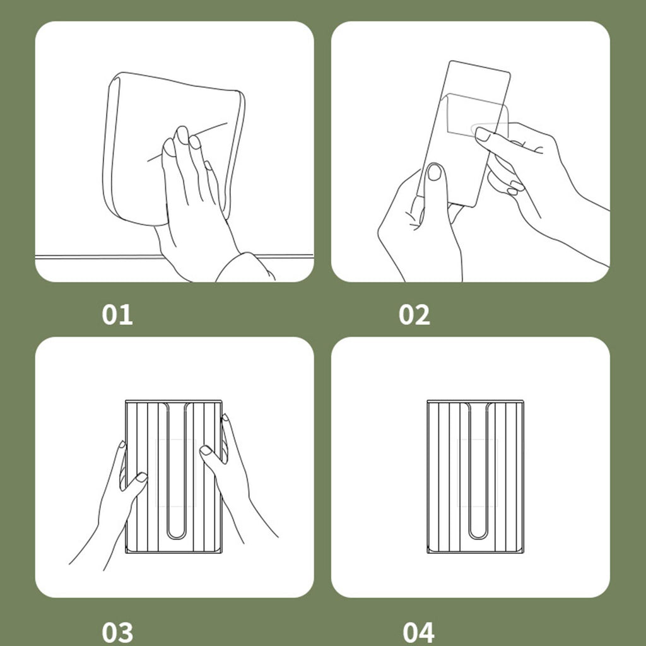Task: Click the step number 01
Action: [117, 315]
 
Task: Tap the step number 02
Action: [414, 315]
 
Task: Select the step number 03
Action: [117, 632]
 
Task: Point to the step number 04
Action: [418, 632]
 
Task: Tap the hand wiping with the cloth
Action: [194, 202]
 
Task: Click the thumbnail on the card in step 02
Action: [434, 172]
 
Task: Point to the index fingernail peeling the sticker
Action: [483, 134]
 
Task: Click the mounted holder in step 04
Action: [476, 476]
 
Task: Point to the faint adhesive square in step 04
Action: [478, 473]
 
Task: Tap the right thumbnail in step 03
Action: [206, 450]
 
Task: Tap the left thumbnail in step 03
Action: [142, 477]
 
